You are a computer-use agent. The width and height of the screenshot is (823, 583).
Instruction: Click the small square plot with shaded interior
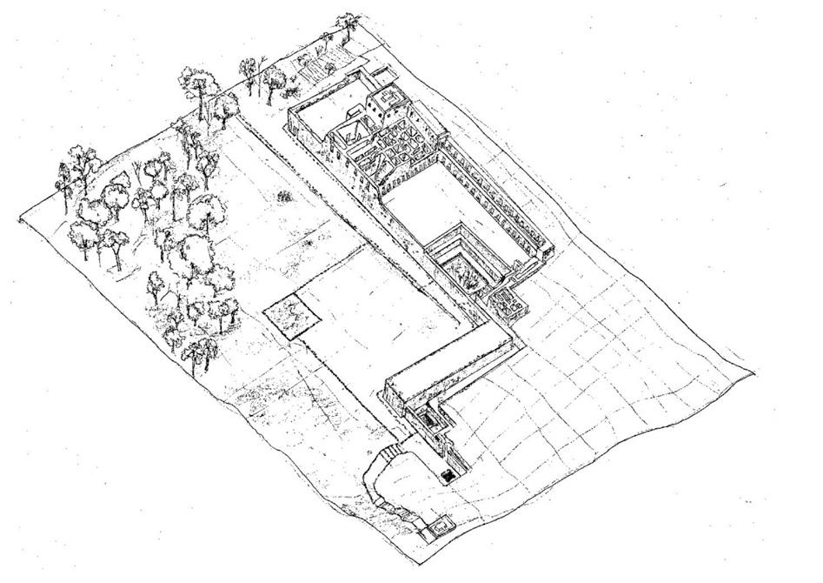290,316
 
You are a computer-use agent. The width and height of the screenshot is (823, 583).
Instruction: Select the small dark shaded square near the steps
448,476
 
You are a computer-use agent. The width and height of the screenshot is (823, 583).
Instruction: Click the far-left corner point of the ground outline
20,220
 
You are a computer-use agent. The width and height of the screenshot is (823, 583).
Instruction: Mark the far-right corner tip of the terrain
753,372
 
